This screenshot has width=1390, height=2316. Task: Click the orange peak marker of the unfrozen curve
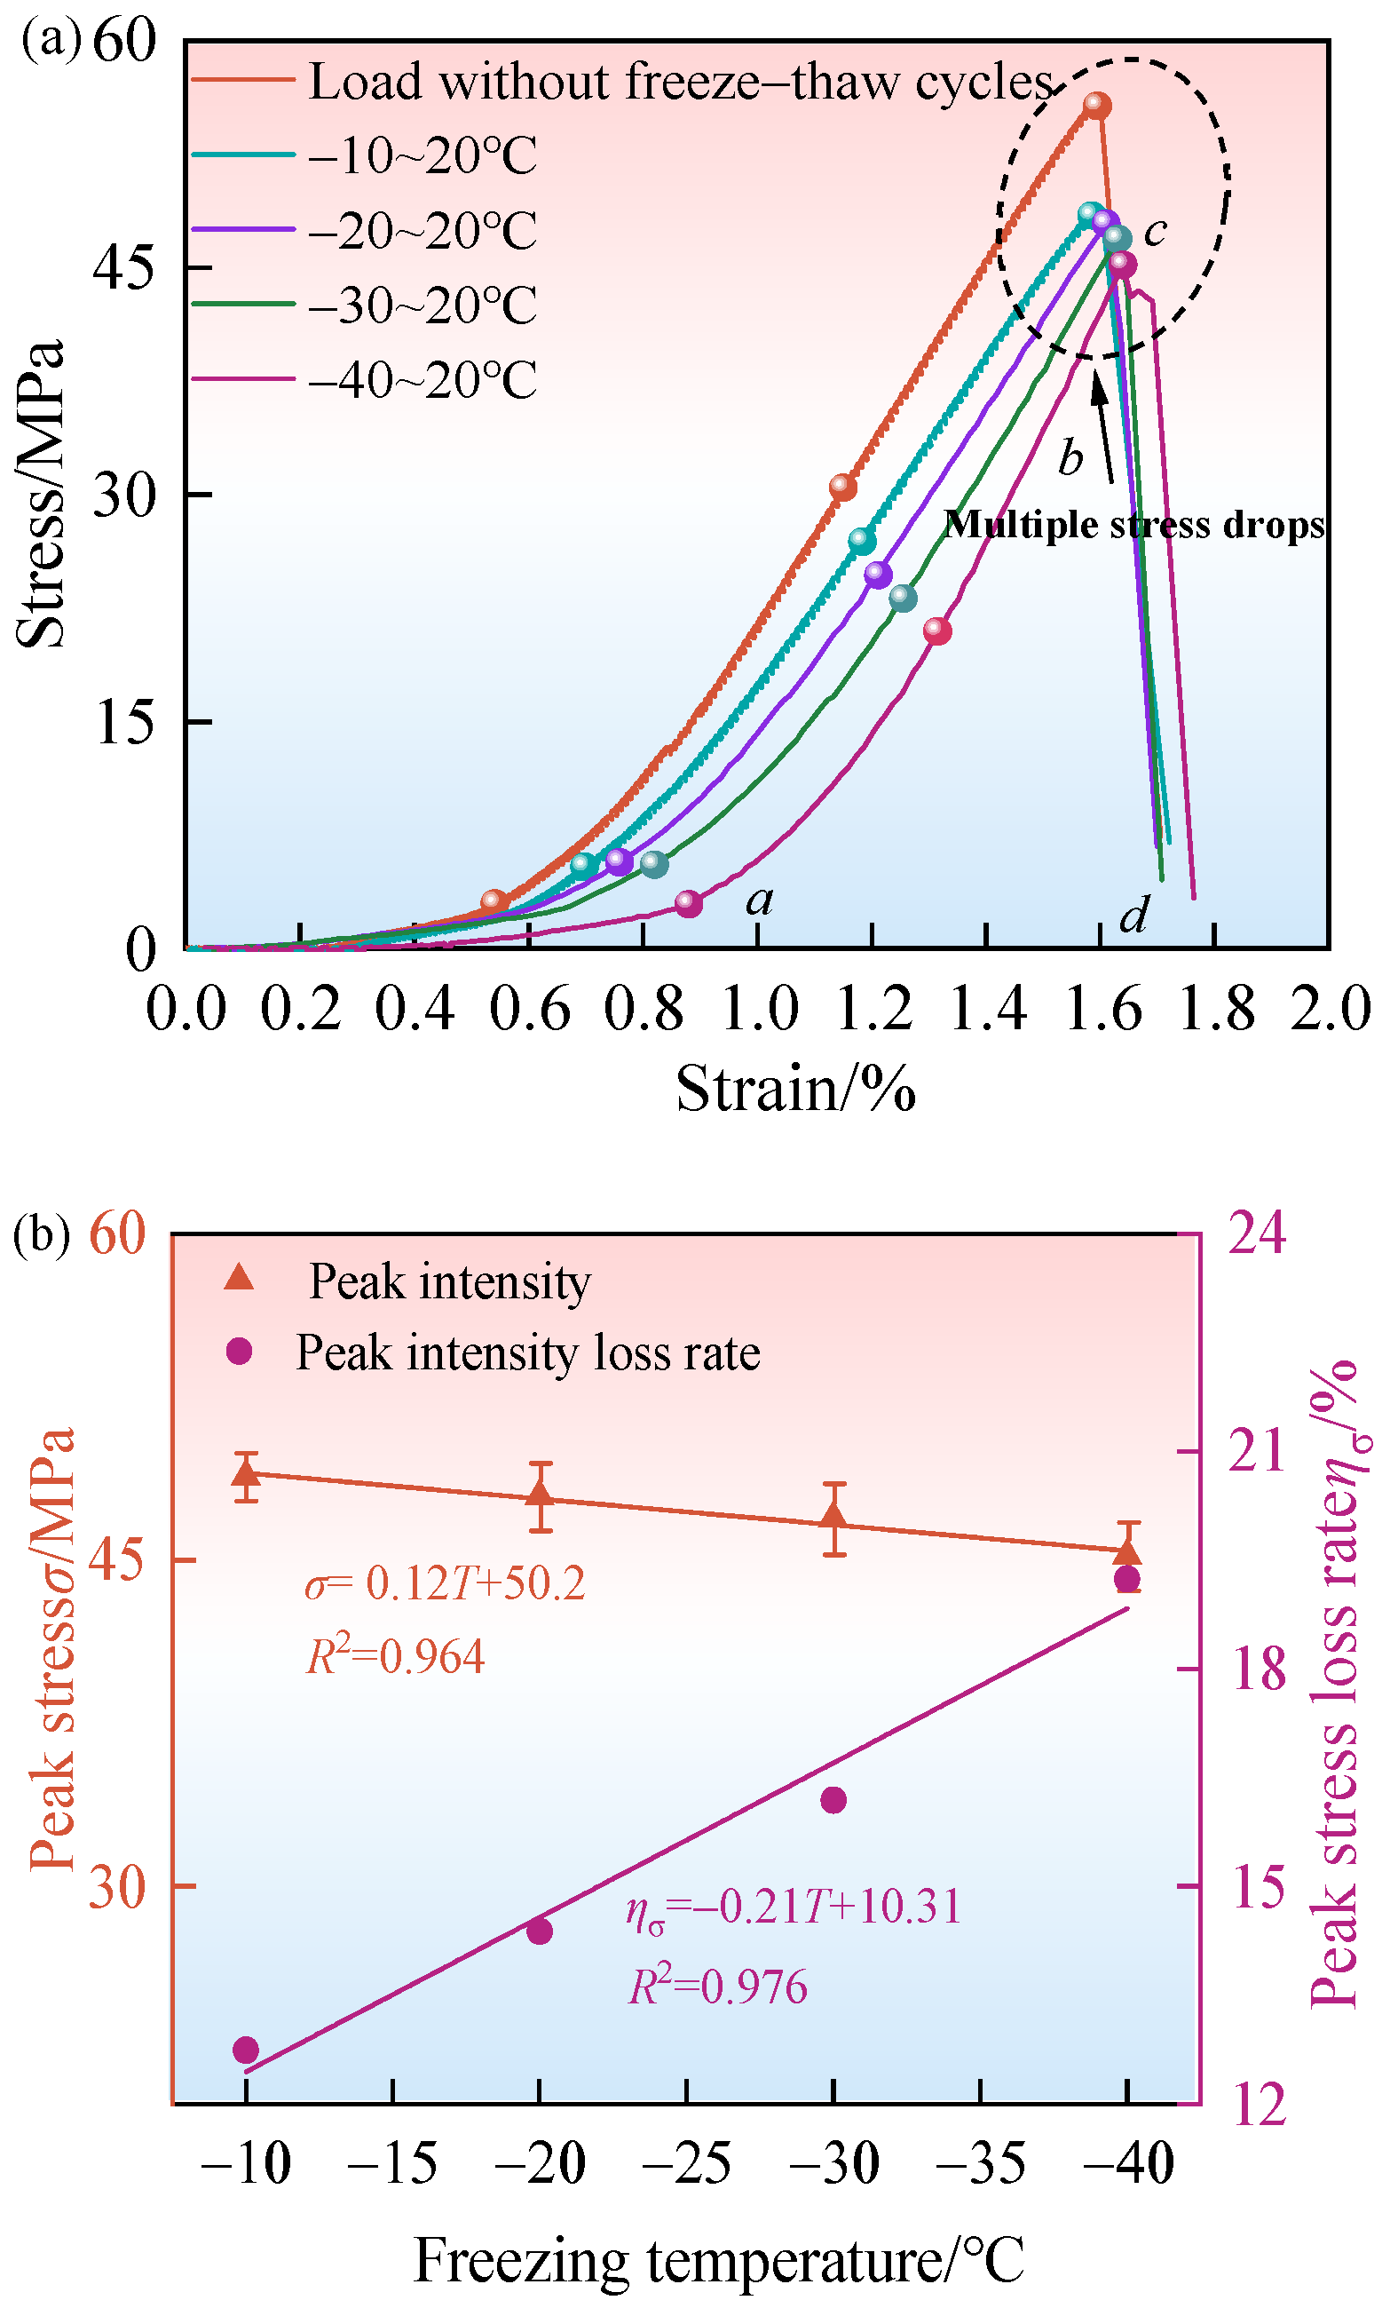[x=1097, y=106]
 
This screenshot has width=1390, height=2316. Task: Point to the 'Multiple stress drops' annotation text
[x=1134, y=525]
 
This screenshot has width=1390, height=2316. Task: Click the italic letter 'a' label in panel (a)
[x=760, y=901]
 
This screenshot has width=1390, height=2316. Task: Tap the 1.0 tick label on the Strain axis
[x=760, y=1010]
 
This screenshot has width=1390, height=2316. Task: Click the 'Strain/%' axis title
[x=796, y=1089]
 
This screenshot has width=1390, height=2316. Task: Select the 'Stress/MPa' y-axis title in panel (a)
[x=41, y=494]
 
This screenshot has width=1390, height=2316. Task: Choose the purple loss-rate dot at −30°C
[x=833, y=1800]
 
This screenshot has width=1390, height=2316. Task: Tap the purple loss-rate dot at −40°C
[x=1128, y=1580]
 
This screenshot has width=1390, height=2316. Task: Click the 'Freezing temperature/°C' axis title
[x=719, y=2259]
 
